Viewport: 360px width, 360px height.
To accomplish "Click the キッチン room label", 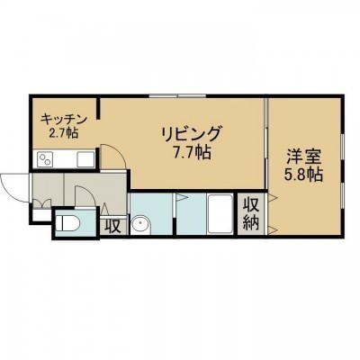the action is coord(64,120).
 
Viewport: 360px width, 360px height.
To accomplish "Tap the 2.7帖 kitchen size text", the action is coord(64,132).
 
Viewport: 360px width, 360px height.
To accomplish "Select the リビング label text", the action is coord(192,134).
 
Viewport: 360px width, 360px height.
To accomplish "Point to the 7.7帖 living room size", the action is coord(192,152).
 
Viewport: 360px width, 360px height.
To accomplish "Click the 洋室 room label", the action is coord(303,157).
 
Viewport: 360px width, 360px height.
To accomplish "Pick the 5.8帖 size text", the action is coord(303,175).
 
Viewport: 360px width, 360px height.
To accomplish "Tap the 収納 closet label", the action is coord(251,214).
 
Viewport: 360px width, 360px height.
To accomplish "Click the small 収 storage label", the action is coord(113,227).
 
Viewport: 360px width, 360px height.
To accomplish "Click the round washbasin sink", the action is coord(140,224).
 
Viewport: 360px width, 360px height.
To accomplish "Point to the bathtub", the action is coord(220,214).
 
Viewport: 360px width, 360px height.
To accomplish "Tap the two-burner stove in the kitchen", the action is coord(45,159).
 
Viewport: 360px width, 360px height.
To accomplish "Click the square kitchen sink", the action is coord(85,159).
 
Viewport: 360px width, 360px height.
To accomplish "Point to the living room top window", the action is coord(177,96).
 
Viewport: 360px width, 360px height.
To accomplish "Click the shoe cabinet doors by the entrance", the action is coord(41,203).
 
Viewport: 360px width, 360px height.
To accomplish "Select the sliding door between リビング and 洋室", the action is coord(265,143).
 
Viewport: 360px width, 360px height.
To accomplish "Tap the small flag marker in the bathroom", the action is coord(181,197).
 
